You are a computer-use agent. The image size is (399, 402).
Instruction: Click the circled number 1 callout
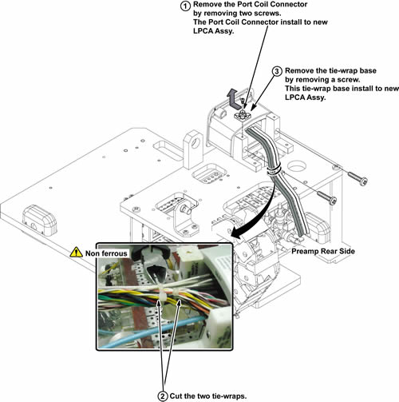click(x=185, y=6)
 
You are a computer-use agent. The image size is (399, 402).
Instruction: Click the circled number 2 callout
click(x=163, y=396)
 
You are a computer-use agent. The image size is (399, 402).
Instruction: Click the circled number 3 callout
click(x=277, y=71)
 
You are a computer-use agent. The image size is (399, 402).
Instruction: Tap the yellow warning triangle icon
click(x=76, y=252)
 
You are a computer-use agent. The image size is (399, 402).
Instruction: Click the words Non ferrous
click(x=106, y=253)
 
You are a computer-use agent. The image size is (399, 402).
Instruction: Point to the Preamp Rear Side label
click(x=323, y=251)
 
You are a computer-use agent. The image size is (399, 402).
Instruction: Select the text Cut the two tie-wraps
click(x=208, y=396)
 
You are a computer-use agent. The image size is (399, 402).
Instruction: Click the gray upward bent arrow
click(x=233, y=99)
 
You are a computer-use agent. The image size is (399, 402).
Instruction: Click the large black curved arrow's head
click(x=235, y=233)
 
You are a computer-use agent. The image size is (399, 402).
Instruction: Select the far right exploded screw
click(x=358, y=178)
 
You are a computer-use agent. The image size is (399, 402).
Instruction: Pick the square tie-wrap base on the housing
click(x=242, y=116)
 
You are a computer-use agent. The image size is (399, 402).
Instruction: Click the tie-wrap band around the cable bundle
click(x=274, y=169)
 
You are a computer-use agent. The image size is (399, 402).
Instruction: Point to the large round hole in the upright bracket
click(x=196, y=143)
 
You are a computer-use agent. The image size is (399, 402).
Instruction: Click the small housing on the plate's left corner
click(x=40, y=221)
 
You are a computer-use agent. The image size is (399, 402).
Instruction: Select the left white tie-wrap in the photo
click(x=162, y=294)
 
